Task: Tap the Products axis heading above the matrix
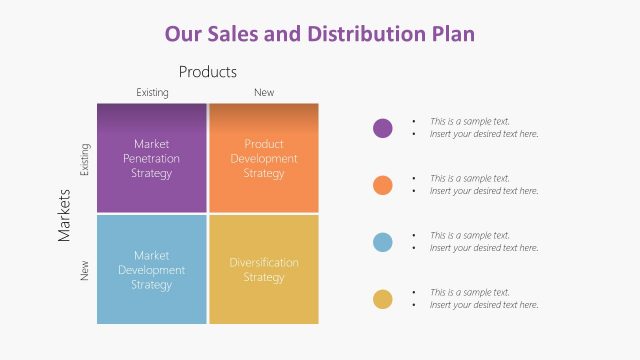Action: pos(207,72)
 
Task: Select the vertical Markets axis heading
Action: pos(64,214)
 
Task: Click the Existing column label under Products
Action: pos(152,93)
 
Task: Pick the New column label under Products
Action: pos(264,93)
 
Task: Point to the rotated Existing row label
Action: pos(85,159)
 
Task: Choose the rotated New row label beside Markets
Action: pos(85,270)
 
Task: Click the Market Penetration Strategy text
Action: pos(151,158)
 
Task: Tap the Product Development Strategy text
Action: pos(264,158)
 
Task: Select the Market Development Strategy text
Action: pos(151,270)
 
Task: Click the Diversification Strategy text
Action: pos(264,270)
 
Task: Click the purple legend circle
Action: pos(382,128)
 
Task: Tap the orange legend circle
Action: pos(382,185)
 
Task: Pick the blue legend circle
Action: pos(382,242)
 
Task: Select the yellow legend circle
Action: pos(382,299)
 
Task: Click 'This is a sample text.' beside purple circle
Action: pos(470,122)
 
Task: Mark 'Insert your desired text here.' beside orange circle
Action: pos(484,191)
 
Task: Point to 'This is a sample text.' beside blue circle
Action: pos(470,236)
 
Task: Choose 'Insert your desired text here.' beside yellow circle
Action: pos(484,305)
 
